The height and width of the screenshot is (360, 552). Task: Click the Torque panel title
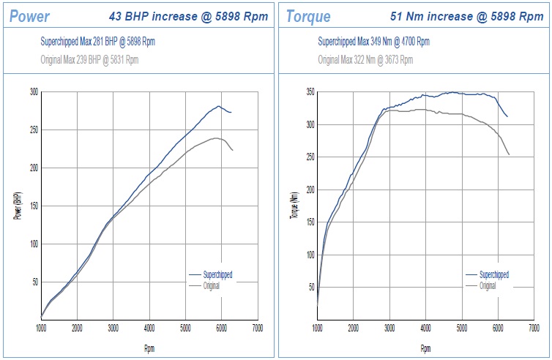click(308, 16)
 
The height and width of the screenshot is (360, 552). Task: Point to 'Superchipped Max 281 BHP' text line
click(97, 42)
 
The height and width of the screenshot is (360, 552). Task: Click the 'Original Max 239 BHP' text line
click(89, 60)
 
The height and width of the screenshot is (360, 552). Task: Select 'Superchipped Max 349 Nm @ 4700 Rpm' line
click(373, 42)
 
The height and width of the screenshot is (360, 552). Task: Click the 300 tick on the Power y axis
click(34, 92)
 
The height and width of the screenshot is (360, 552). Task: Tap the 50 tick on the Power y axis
click(35, 282)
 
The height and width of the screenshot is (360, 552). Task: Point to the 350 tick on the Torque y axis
click(310, 92)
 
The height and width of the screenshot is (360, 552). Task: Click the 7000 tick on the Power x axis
click(257, 329)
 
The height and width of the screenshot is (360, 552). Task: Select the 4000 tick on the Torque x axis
click(425, 329)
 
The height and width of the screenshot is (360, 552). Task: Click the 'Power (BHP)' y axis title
click(16, 206)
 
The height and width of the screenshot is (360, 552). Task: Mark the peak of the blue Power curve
click(218, 106)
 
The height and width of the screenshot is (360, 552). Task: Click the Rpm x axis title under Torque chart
click(425, 348)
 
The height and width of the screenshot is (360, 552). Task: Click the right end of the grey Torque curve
click(509, 154)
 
